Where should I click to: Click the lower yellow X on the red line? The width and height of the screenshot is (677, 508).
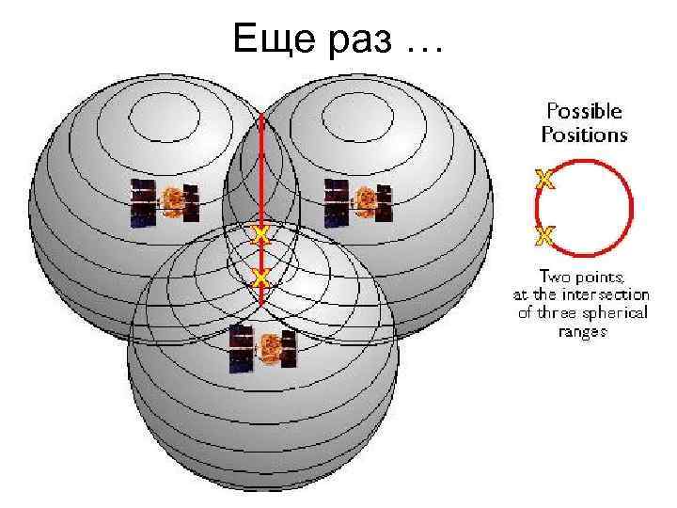click(x=261, y=277)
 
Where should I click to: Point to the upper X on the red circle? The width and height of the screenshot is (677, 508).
click(x=543, y=178)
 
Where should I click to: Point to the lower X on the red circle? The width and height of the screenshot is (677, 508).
click(x=543, y=235)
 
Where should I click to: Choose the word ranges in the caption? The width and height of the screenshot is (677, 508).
click(x=583, y=331)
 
